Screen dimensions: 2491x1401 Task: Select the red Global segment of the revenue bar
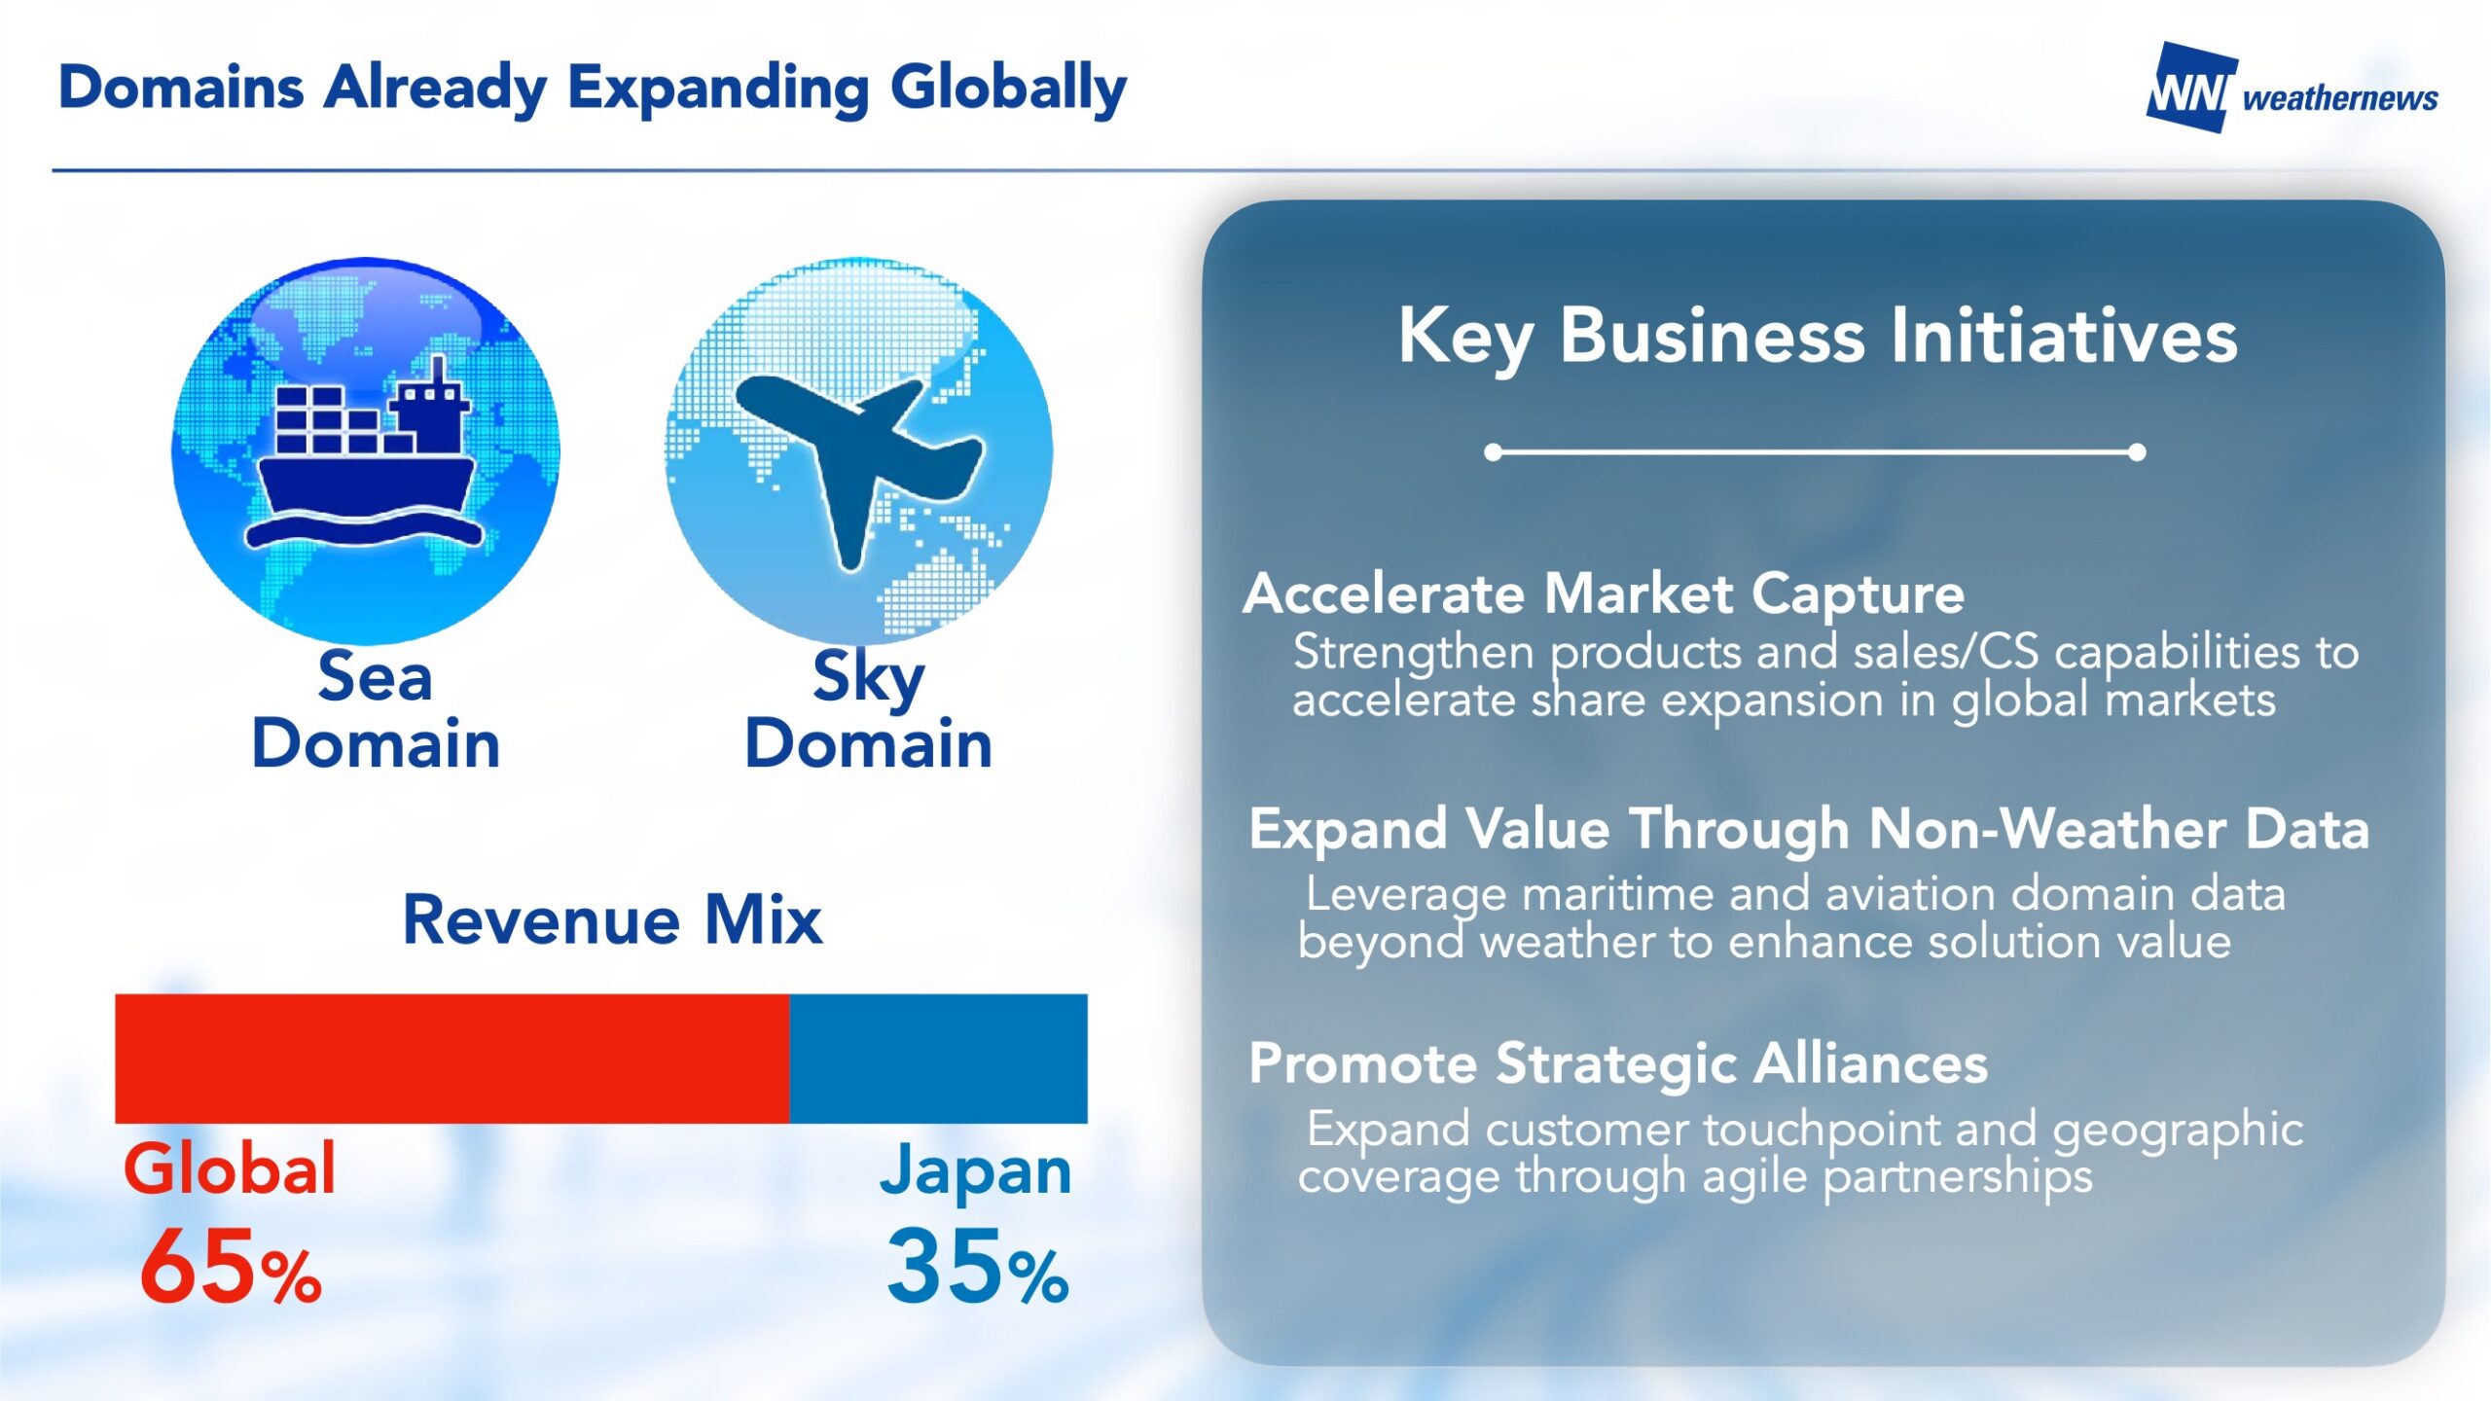point(452,1059)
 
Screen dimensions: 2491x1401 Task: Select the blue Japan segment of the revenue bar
point(938,1059)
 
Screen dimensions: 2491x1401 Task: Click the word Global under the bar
point(230,1168)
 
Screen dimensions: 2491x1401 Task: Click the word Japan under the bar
point(976,1172)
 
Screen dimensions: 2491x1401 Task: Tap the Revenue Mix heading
point(613,919)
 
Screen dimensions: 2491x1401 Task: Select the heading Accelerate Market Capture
point(1604,593)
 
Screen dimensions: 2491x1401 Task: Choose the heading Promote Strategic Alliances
point(1618,1063)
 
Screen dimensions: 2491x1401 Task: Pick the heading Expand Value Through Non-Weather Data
point(1809,830)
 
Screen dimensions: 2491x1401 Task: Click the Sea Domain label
point(376,710)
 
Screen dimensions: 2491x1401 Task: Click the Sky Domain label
point(869,710)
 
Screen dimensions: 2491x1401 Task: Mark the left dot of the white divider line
point(1494,452)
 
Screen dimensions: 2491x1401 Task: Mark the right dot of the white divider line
point(2137,452)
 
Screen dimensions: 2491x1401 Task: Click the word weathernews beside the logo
point(2340,98)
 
